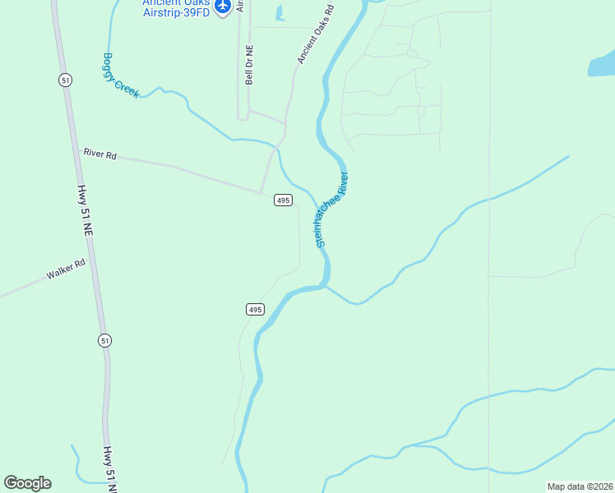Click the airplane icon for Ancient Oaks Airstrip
(222, 7)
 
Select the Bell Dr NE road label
(249, 65)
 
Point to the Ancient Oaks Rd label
(316, 35)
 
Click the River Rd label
(100, 154)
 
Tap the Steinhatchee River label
(332, 210)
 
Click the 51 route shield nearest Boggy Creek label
(65, 80)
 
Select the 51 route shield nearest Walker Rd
(104, 340)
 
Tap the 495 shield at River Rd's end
(282, 200)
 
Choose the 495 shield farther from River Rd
(255, 309)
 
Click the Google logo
(27, 483)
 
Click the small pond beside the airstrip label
(280, 13)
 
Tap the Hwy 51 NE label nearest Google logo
(109, 468)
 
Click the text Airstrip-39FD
(176, 12)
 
